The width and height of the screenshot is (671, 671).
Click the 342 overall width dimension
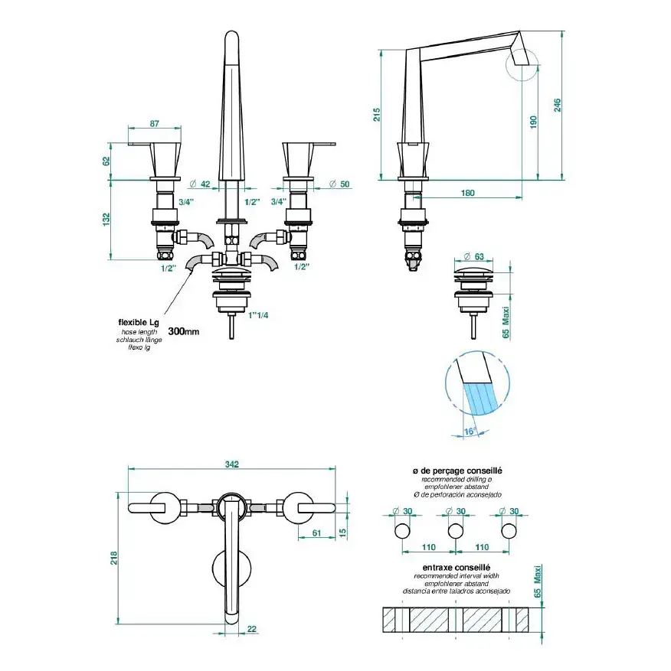coord(232,464)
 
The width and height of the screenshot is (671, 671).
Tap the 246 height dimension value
coord(558,106)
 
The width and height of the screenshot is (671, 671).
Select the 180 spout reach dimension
coord(467,193)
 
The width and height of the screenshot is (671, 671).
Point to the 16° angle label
coord(470,432)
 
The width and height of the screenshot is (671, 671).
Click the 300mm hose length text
coord(184,331)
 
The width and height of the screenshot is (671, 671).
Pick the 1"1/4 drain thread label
coord(258,315)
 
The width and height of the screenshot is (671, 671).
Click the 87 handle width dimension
coord(155,123)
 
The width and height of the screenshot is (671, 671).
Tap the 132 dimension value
coord(106,220)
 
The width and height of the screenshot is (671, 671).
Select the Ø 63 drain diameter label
coord(474,256)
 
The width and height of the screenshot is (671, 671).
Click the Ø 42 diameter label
coord(200,184)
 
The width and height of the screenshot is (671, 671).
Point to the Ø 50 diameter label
coord(339,184)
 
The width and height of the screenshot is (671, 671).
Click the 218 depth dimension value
coord(114,558)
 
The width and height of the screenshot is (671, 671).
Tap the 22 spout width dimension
coord(252,629)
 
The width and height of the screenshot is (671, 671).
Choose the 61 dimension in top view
coord(316,533)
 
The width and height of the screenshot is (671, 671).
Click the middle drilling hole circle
coord(456,531)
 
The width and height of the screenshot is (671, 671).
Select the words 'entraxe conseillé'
coord(457,568)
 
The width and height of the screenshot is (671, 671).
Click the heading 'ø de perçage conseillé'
coord(457,471)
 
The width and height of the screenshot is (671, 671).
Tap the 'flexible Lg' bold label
coord(139,322)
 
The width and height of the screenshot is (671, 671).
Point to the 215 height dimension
coord(377,115)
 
